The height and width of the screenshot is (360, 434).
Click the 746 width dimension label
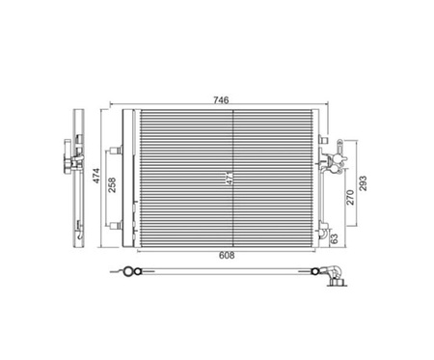[x=221, y=100]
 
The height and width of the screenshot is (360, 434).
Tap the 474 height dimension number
[x=96, y=176]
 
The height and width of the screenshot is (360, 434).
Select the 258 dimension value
[x=112, y=185]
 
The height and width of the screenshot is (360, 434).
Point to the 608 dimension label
[x=227, y=256]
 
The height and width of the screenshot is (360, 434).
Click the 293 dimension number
[x=363, y=183]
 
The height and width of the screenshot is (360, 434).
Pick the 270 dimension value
[x=350, y=197]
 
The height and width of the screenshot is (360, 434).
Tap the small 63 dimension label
[x=335, y=238]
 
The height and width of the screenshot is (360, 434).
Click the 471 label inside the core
[x=230, y=178]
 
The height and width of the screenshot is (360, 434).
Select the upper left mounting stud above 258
[x=116, y=151]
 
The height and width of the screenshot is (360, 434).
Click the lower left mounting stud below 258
[x=116, y=225]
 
